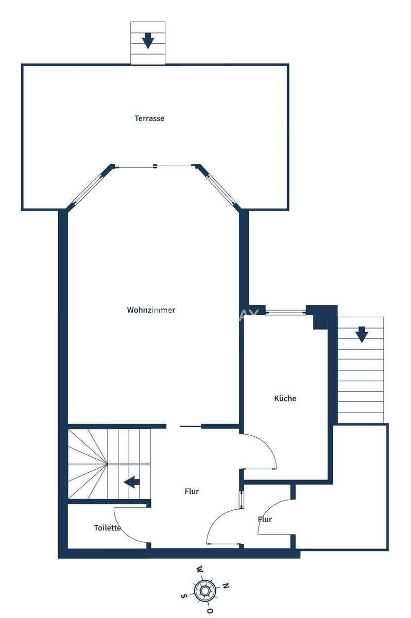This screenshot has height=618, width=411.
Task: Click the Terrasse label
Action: (149, 118)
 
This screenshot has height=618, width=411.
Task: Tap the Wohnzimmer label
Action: (151, 310)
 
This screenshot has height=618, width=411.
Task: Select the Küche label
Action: (285, 398)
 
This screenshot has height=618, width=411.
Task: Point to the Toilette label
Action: (107, 528)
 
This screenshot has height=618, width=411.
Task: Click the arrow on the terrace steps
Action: (148, 40)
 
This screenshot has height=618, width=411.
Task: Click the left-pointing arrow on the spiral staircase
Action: (132, 482)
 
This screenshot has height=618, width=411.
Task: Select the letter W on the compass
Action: (199, 570)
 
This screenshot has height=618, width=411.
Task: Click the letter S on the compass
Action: (184, 595)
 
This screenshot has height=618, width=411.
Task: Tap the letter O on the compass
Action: (210, 610)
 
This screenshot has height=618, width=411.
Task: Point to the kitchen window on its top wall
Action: (286, 311)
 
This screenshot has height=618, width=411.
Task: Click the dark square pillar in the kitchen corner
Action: (320, 317)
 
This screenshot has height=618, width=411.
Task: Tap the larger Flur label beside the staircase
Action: (192, 491)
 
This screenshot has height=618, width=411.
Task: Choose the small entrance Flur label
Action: (265, 519)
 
